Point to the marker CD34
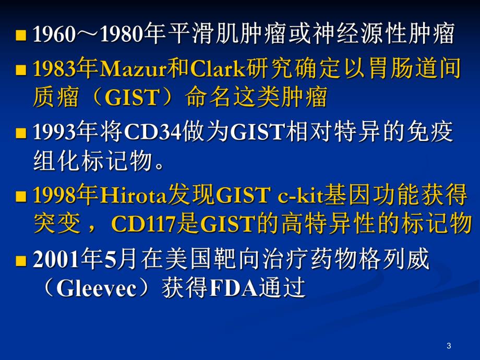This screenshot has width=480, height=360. [x=152, y=133]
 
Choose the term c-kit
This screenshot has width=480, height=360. [x=298, y=197]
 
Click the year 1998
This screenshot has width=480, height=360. [x=53, y=197]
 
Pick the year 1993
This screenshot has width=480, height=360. [x=53, y=133]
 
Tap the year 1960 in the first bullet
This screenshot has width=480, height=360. [x=53, y=35]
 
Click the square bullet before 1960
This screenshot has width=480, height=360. [x=21, y=37]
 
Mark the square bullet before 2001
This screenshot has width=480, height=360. [x=21, y=261]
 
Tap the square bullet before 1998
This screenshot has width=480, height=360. [x=21, y=198]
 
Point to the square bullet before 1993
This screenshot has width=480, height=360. [x=21, y=134]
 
